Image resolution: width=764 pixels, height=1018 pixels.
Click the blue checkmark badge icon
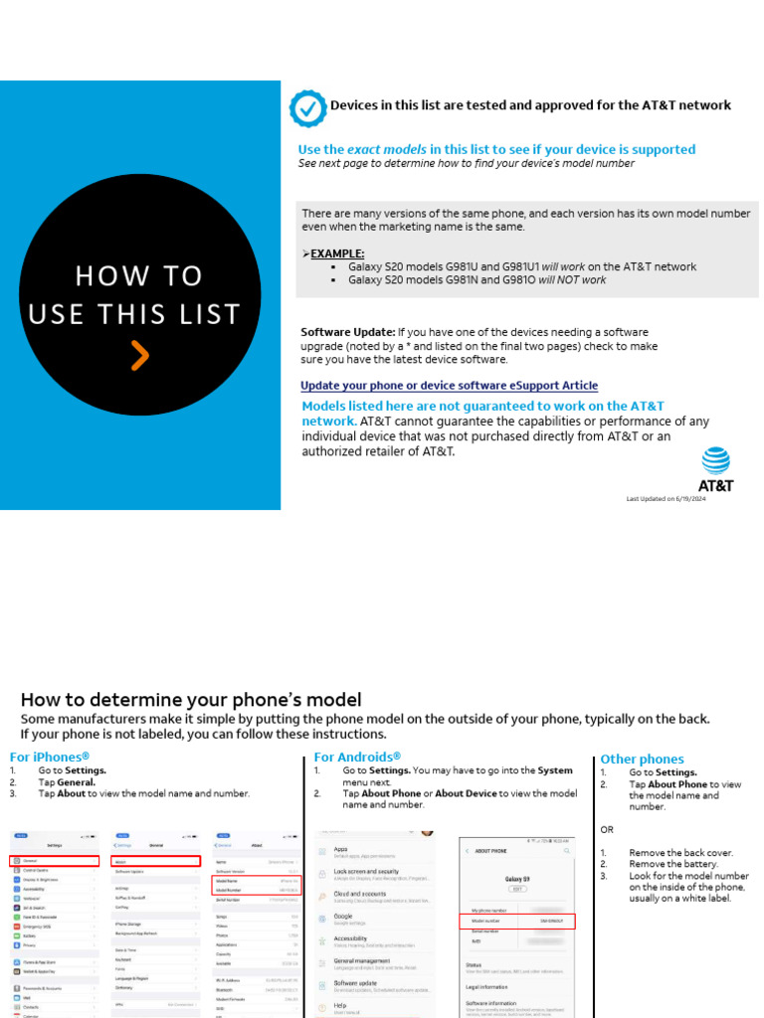307,107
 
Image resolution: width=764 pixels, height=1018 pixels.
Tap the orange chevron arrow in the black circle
140,355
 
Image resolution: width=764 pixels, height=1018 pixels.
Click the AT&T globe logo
715,461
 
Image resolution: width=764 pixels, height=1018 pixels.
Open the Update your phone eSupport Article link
450,386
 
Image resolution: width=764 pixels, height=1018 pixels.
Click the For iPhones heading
50,758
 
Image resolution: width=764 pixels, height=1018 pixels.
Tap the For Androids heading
357,758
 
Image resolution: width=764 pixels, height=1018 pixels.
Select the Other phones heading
642,760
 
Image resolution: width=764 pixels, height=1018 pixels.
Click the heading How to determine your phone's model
191,700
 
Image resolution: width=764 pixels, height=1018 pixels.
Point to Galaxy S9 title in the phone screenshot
516,879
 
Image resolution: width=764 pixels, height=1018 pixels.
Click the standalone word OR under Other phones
607,829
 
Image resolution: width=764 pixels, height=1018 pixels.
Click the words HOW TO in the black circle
139,275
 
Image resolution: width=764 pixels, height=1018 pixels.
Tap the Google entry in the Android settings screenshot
343,916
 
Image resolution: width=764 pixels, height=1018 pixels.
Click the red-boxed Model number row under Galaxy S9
516,921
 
